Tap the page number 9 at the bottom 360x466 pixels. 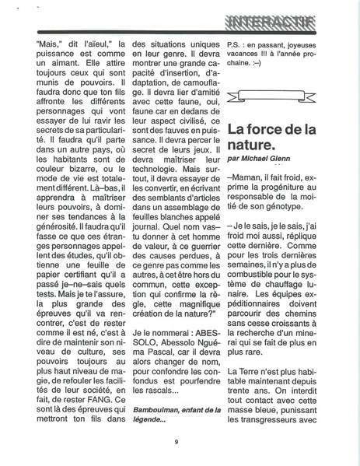pyautogui.click(x=177, y=442)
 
